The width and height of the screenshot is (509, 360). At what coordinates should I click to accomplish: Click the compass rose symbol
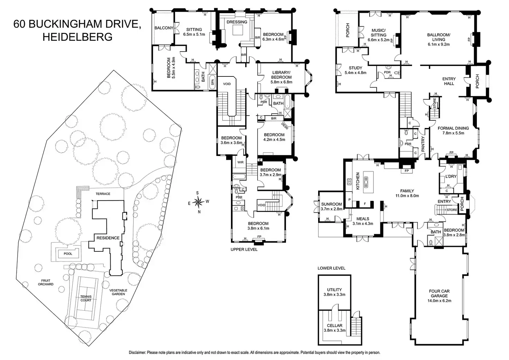pos(198,201)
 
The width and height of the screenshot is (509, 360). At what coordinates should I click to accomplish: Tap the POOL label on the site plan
pos(68,253)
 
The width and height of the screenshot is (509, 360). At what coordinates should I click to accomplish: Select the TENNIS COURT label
pos(86,298)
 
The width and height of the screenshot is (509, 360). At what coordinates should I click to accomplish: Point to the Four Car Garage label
pos(439,296)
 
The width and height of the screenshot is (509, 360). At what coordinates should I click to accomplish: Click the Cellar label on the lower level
pos(334,328)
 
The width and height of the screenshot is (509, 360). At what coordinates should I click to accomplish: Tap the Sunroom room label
pos(331,206)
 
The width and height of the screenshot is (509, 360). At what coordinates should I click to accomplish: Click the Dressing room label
pos(237,22)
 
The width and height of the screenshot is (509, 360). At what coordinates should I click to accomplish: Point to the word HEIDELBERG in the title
pos(77,37)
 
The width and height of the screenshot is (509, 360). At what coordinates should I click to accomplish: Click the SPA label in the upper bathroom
pos(213,82)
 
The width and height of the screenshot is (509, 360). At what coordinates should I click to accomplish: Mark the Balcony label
pos(164,28)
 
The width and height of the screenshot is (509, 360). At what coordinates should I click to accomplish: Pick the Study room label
pos(355,70)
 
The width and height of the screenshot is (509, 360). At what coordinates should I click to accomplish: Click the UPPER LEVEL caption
pos(244,249)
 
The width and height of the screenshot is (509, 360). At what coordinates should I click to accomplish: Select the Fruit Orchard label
pos(46,282)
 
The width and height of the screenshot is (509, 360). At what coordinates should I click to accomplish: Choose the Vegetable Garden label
pos(118,292)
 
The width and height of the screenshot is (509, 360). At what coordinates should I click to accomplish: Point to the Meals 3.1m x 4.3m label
pos(363,221)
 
